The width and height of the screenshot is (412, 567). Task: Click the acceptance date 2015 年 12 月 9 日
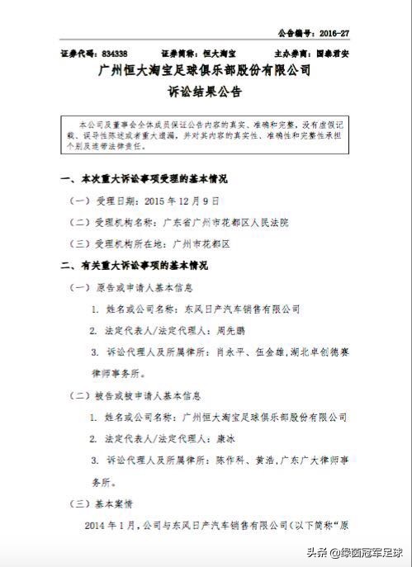[182, 201]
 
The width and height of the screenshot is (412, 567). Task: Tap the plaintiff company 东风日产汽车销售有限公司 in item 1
[240, 309]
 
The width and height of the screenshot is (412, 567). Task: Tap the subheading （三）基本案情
[98, 503]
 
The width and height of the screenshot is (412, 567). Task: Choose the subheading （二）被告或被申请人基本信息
[139, 396]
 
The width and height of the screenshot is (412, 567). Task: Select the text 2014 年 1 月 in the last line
[116, 525]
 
